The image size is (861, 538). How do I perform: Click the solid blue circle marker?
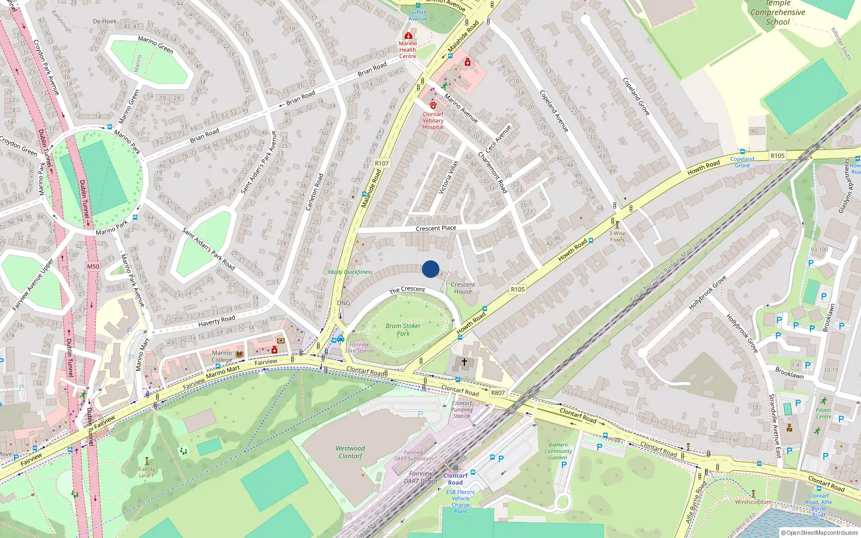[x=430, y=269]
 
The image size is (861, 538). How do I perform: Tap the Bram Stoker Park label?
[x=403, y=329]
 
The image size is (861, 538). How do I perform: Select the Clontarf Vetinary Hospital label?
[x=433, y=121]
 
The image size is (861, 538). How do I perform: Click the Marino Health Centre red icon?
[x=408, y=36]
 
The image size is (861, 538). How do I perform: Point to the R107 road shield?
[x=382, y=163]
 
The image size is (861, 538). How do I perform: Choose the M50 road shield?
[x=93, y=266]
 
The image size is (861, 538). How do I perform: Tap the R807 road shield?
[x=498, y=393]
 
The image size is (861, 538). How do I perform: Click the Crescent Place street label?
[x=436, y=228]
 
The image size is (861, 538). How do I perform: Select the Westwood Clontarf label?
[x=350, y=452]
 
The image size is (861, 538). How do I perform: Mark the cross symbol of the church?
[x=464, y=362]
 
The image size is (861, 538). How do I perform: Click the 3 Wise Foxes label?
[x=617, y=236]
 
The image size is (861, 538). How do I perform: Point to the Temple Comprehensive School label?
[x=778, y=12]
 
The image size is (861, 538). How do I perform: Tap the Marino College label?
[x=222, y=356]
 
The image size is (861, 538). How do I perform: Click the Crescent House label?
[x=463, y=288]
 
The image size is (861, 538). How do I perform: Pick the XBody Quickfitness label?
[x=350, y=272]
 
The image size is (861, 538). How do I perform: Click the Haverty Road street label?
[x=216, y=321]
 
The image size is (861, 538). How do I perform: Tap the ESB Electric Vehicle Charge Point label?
[x=461, y=501]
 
